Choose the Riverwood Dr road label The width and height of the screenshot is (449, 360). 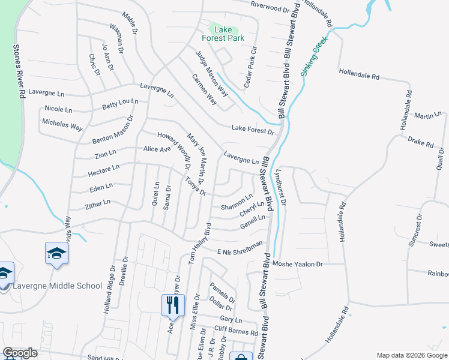click(x=270, y=8)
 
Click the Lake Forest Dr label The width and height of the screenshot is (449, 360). click(x=253, y=130)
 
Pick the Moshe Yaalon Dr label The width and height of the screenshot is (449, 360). click(x=298, y=264)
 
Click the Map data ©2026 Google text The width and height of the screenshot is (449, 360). click(x=411, y=355)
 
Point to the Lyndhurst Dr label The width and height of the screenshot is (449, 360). click(x=280, y=187)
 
